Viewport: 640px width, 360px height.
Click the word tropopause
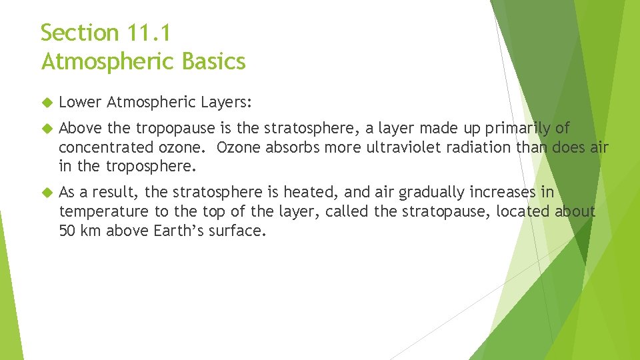pos(176,129)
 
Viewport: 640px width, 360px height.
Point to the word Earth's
pos(180,230)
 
